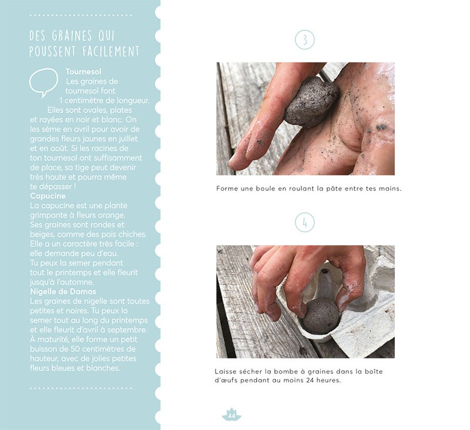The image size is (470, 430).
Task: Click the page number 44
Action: click(231, 416)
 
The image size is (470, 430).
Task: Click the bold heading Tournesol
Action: click(83, 72)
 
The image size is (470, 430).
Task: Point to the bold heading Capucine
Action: click(48, 196)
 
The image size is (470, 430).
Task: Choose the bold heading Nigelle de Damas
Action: click(63, 292)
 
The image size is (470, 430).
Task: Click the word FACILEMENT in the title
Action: click(111, 51)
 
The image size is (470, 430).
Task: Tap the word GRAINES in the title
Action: click(72, 36)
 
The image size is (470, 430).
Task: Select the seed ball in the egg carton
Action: click(321, 316)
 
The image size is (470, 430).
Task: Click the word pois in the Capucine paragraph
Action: click(111, 234)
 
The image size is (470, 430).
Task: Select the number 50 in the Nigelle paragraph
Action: click(75, 349)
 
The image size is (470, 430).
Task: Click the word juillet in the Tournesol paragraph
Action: click(128, 139)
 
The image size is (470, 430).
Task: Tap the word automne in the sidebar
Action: click(79, 282)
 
